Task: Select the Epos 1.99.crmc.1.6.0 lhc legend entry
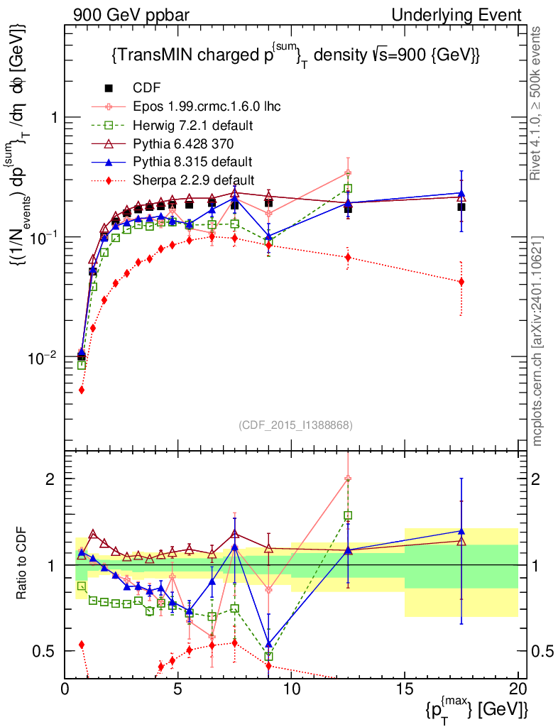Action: pos(207,106)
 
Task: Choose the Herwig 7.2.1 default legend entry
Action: pos(193,125)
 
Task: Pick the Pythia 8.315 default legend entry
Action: pos(192,161)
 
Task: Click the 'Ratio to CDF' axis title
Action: pos(23,564)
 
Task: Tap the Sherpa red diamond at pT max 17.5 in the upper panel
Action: pos(461,282)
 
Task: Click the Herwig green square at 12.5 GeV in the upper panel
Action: pos(348,188)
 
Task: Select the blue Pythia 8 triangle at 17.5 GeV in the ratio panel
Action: pos(461,530)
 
